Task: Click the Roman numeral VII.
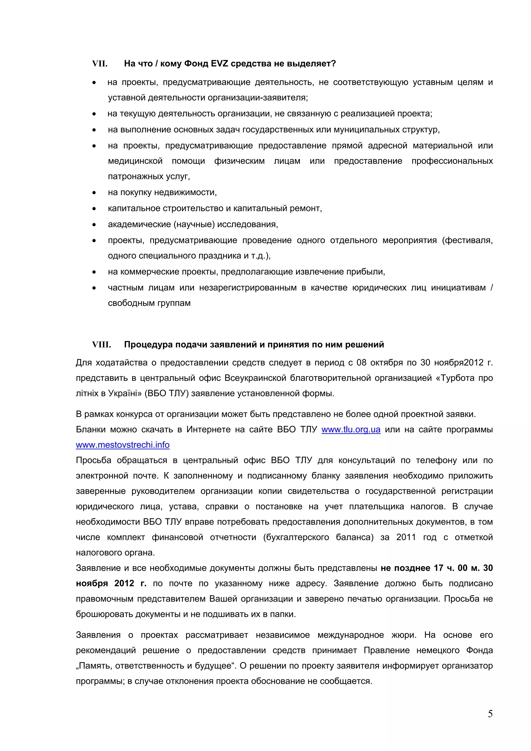(x=100, y=64)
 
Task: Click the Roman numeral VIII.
(x=101, y=345)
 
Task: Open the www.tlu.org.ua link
(x=351, y=429)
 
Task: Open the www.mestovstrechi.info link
(x=123, y=445)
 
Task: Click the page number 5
(x=490, y=714)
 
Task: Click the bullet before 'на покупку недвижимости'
(x=94, y=193)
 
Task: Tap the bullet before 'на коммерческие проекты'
(x=94, y=272)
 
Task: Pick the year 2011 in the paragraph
(x=406, y=537)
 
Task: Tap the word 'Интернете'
(x=208, y=429)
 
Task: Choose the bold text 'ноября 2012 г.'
(x=111, y=583)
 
